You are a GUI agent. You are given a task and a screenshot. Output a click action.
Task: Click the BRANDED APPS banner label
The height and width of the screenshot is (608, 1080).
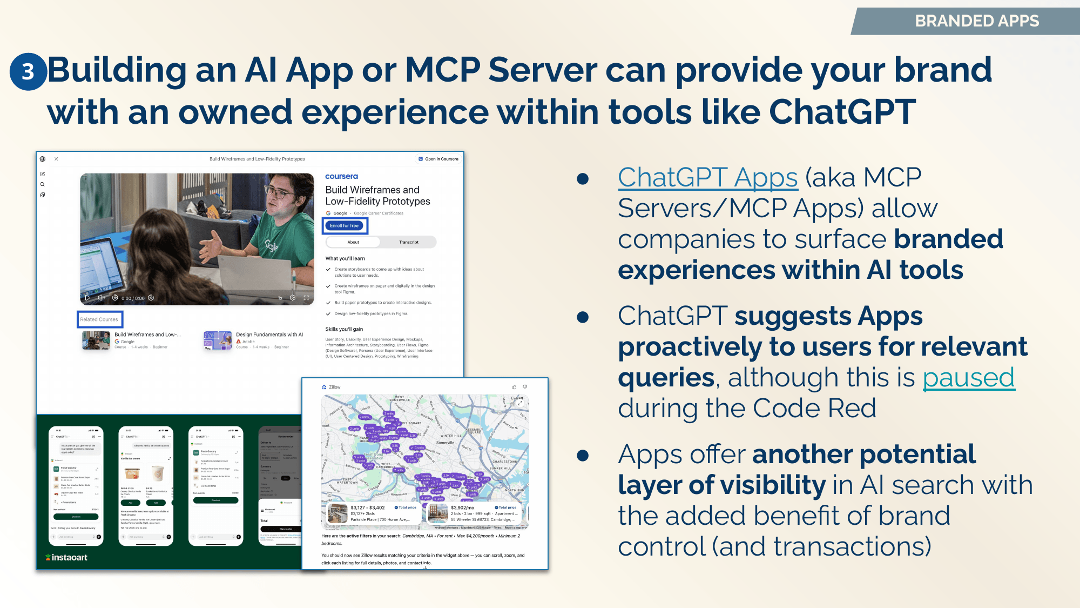(976, 21)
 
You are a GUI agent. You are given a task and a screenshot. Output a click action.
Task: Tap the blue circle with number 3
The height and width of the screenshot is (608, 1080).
(28, 71)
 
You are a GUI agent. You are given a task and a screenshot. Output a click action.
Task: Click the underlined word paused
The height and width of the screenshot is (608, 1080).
(968, 377)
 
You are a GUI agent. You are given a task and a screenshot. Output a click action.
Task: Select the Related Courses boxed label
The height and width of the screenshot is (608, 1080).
(99, 319)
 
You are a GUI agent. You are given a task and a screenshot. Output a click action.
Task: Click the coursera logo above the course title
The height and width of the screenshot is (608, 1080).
(341, 176)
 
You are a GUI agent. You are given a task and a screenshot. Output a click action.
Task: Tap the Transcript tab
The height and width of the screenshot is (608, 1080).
(409, 242)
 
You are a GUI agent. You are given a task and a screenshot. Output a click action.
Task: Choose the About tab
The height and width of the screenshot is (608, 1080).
(353, 242)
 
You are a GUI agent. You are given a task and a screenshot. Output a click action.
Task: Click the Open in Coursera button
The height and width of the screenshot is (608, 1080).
(438, 159)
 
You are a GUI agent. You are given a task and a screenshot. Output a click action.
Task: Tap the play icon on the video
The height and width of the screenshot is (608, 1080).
(87, 298)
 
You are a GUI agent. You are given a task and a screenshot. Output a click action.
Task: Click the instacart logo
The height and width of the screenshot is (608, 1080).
(66, 557)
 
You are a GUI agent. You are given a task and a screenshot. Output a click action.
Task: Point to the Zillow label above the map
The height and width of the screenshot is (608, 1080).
(334, 387)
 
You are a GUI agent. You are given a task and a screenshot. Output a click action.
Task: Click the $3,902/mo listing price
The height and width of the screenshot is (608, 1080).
(462, 507)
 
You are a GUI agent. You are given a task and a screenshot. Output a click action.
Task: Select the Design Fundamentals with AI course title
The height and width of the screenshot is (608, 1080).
(269, 335)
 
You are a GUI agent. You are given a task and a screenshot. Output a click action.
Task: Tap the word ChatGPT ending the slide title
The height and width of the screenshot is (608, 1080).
(842, 112)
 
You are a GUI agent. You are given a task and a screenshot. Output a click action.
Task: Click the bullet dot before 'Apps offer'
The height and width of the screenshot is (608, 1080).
(583, 455)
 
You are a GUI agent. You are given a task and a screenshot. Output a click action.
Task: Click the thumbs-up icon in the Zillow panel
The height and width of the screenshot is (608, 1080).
(514, 387)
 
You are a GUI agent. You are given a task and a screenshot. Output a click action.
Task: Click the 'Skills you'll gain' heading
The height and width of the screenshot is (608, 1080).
(344, 329)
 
